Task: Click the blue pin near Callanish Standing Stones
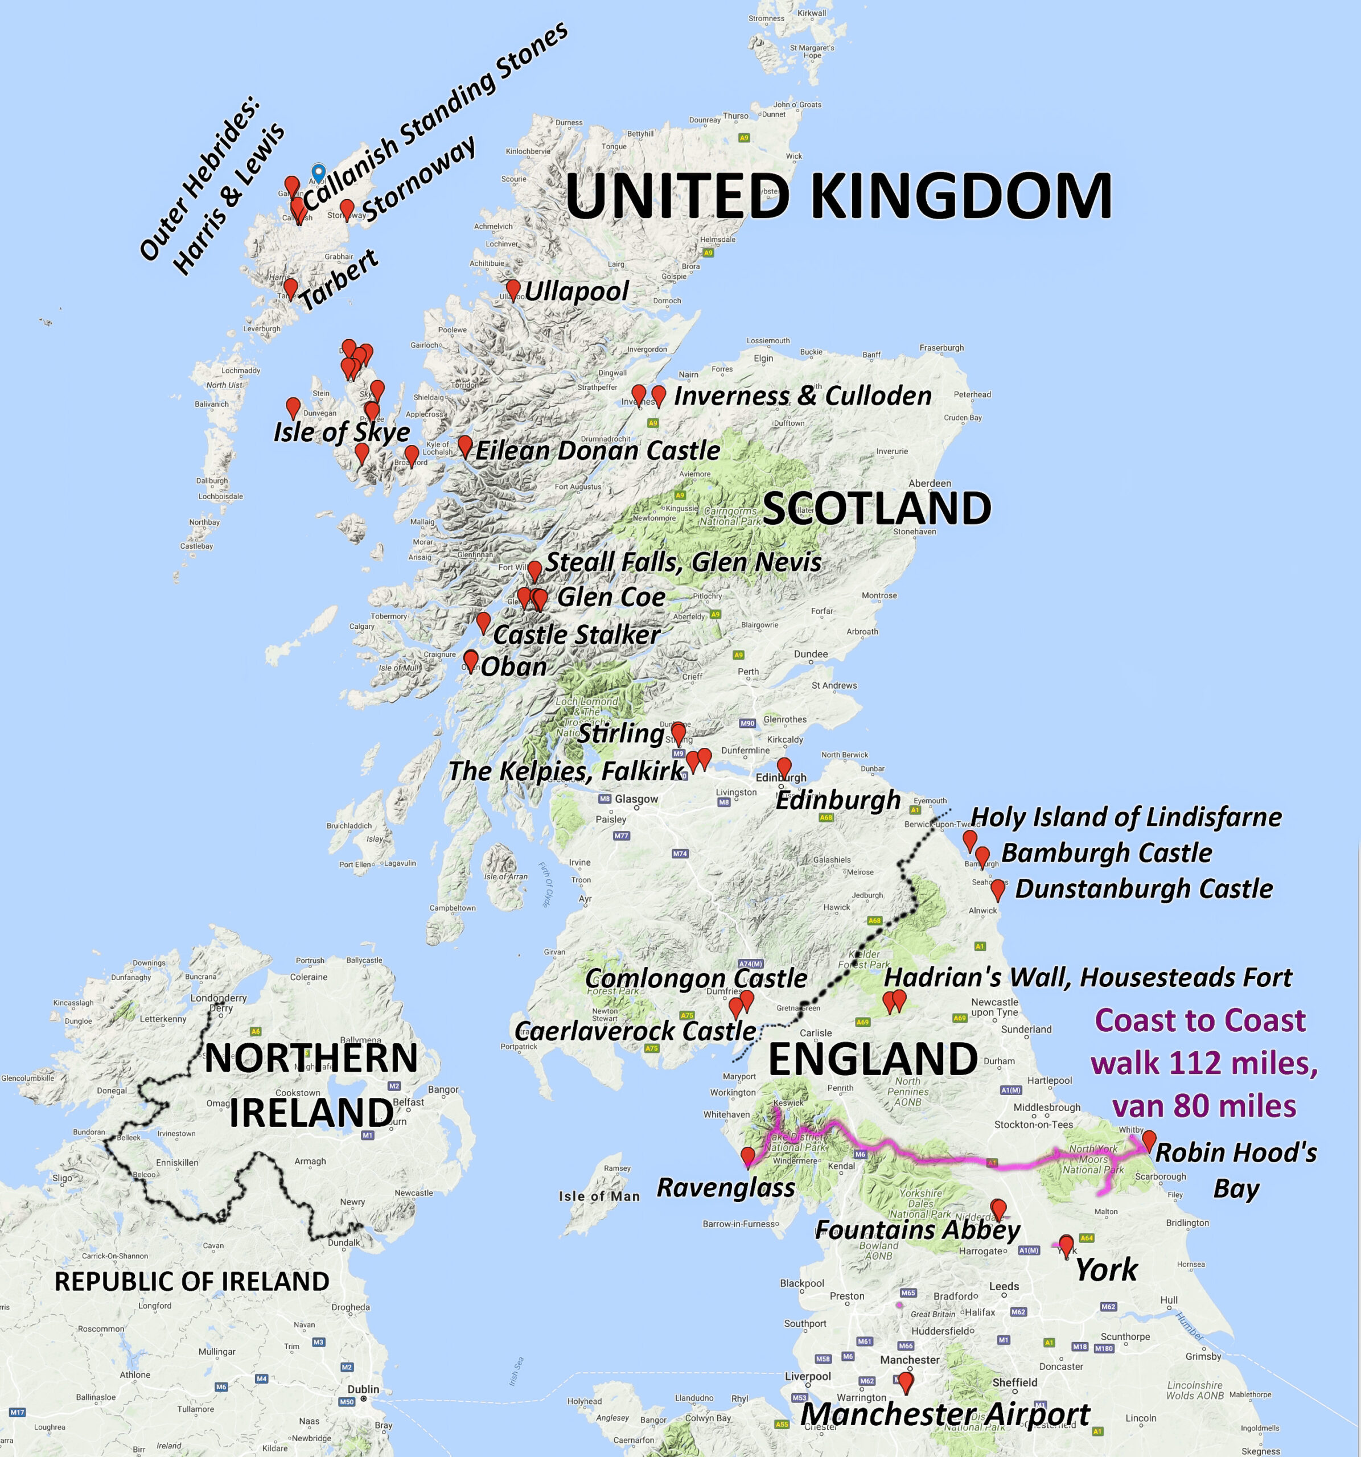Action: point(318,172)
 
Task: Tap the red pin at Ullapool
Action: point(513,289)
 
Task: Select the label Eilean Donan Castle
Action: point(597,450)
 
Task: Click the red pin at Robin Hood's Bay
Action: point(1149,1139)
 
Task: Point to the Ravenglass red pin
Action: point(747,1156)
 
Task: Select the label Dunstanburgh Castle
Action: point(1144,888)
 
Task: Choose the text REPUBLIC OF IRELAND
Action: point(192,1282)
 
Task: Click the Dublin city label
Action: point(364,1389)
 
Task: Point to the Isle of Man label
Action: point(599,1196)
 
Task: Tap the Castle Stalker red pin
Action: point(483,622)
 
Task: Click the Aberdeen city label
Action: point(930,484)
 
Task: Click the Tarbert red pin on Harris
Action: point(290,287)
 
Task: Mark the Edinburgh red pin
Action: point(783,767)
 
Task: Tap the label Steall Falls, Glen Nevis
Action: point(683,562)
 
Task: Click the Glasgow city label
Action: point(636,799)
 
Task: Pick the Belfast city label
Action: point(408,1101)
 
